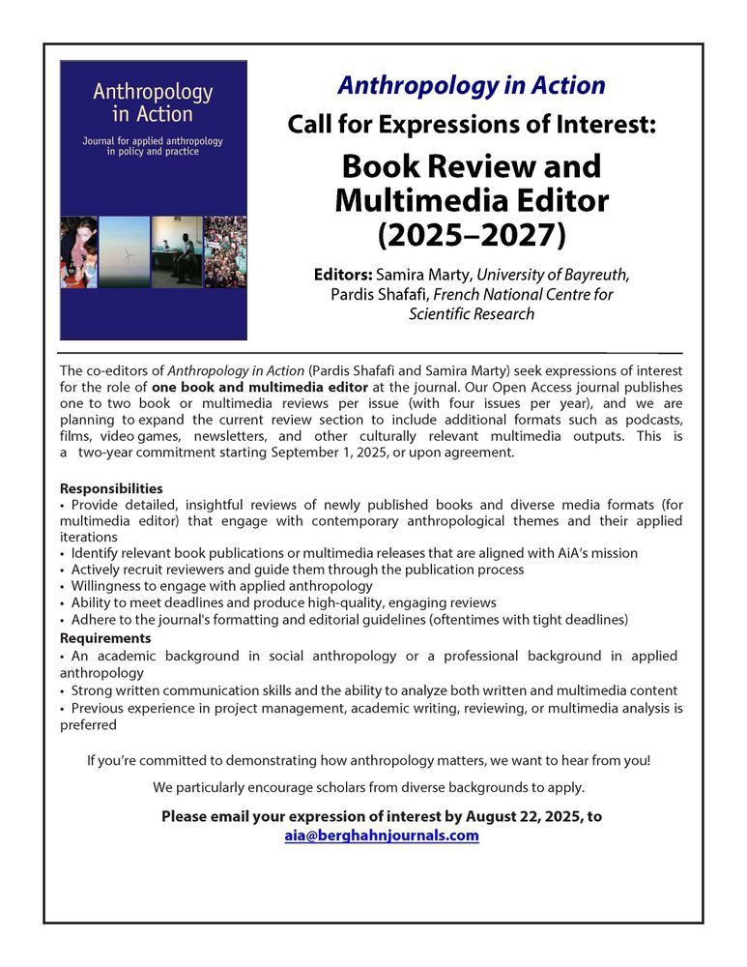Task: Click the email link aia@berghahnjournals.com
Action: [381, 835]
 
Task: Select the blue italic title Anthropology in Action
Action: [472, 85]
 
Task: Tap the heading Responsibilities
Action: [111, 488]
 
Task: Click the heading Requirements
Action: [105, 638]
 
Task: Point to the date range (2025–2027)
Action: [472, 234]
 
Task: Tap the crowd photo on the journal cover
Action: [225, 251]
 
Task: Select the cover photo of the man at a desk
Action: [176, 251]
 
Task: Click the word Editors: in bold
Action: [344, 274]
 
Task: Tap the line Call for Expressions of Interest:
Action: [472, 124]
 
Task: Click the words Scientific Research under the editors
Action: [472, 314]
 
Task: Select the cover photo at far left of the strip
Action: [77, 251]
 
